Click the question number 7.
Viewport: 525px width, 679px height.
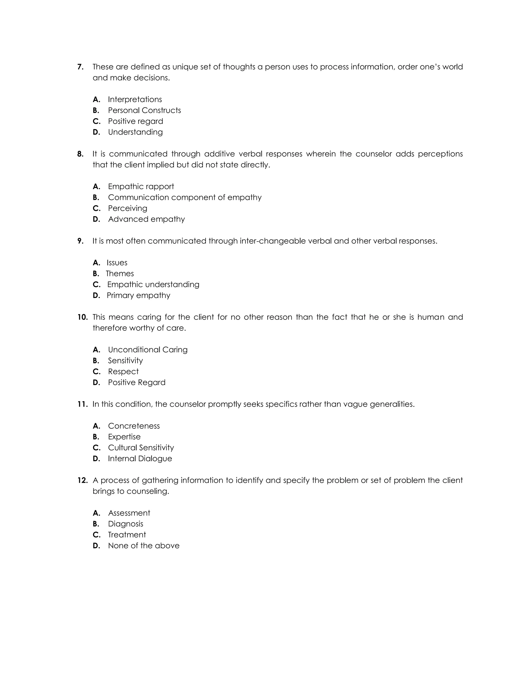click(x=80, y=67)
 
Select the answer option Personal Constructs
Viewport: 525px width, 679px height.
click(x=144, y=110)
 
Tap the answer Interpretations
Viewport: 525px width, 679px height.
click(x=135, y=99)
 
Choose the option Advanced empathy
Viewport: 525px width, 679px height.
click(x=146, y=219)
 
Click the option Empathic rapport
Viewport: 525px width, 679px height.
click(x=141, y=187)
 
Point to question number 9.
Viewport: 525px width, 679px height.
click(x=80, y=241)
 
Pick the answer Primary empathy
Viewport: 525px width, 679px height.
click(x=138, y=295)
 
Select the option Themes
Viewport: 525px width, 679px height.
click(x=120, y=274)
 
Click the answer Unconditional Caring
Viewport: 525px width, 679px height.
click(x=148, y=350)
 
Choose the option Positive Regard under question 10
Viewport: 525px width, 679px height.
click(x=137, y=382)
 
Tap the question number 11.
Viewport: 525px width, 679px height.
click(x=83, y=404)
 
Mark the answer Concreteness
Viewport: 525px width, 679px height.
click(x=134, y=426)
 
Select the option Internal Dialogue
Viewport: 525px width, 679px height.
click(x=140, y=459)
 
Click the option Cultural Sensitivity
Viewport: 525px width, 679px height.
click(x=141, y=448)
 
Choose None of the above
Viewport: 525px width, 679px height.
click(x=144, y=546)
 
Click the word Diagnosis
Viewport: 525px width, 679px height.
click(x=125, y=524)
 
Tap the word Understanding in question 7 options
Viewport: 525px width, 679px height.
click(x=135, y=132)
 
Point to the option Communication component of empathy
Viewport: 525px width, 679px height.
click(x=185, y=197)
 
